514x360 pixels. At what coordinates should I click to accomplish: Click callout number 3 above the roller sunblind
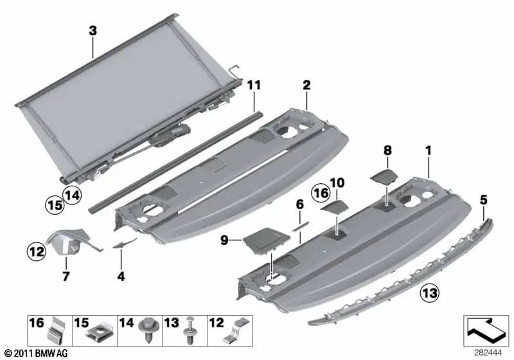[93, 30]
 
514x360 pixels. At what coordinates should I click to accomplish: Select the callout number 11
[254, 84]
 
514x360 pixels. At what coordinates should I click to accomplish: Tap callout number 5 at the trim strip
[483, 199]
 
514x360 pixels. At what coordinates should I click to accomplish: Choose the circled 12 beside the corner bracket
[37, 249]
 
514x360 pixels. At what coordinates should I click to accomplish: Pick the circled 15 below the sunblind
[54, 206]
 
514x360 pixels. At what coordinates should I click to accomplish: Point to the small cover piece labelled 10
[334, 207]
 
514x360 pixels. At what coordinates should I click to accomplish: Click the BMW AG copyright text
[35, 353]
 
